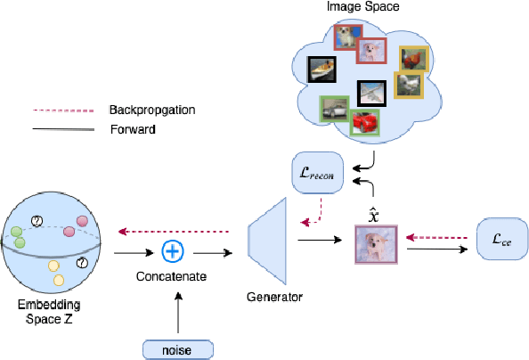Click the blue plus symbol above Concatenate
coord(174,250)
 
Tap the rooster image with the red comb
coord(413,59)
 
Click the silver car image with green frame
coord(335,110)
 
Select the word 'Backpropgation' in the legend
coord(151,110)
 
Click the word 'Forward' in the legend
coord(131,128)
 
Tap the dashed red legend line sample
coord(63,110)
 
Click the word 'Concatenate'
coord(173,277)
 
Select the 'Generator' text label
coord(273,297)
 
